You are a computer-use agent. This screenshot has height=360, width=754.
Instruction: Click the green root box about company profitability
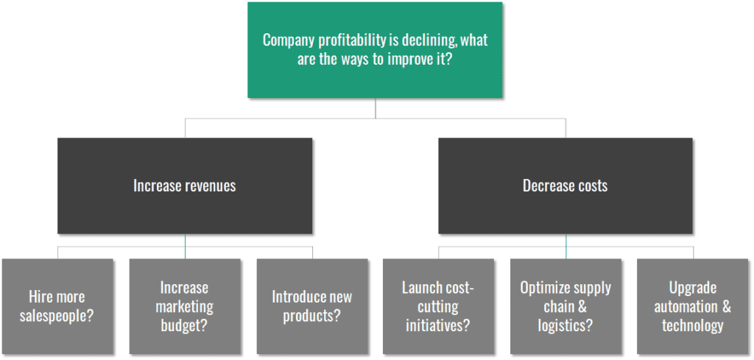[x=375, y=50]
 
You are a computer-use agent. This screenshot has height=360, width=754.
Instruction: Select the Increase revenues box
[x=185, y=186]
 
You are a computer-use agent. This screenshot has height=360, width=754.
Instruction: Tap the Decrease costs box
[x=565, y=186]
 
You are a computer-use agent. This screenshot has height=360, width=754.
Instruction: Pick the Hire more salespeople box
[x=57, y=306]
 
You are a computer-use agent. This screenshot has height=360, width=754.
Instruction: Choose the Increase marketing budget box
[x=185, y=306]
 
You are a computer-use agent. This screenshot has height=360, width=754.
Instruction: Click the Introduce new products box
[x=312, y=306]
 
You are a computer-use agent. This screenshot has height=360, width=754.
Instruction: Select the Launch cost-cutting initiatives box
[x=438, y=306]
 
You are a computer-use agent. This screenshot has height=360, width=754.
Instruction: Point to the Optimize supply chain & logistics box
[x=565, y=306]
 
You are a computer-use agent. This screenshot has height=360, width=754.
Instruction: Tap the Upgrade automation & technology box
[x=693, y=306]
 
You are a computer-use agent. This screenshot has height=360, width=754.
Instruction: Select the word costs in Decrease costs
[x=593, y=186]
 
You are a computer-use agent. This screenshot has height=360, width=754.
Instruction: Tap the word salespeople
[x=57, y=317]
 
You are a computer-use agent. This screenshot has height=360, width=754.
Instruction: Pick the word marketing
[x=185, y=307]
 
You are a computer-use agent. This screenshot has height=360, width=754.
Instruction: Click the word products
[x=311, y=317]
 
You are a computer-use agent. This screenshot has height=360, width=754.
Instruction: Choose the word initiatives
[x=437, y=326]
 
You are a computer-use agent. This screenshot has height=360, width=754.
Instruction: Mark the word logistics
[x=565, y=326]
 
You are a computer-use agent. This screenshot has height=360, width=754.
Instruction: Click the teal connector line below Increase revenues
[x=185, y=246]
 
